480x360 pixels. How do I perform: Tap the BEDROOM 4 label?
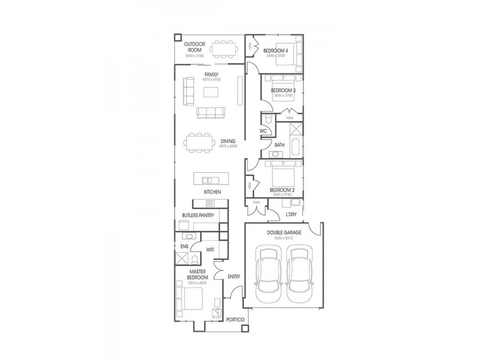[x=277, y=50]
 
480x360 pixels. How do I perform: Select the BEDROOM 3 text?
[x=283, y=90]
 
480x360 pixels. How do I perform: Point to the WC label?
[x=263, y=130]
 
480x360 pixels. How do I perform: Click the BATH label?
[x=280, y=145]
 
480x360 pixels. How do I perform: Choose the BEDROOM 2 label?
[x=281, y=189]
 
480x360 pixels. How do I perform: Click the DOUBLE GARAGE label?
[x=284, y=232]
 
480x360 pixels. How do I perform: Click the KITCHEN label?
[x=212, y=191]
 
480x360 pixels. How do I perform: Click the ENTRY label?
[x=234, y=277]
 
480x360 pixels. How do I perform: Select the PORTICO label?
[x=235, y=320]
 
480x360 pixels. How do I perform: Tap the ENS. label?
[x=184, y=245]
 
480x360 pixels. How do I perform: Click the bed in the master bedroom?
[x=187, y=298]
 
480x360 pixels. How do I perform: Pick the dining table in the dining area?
[x=199, y=142]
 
